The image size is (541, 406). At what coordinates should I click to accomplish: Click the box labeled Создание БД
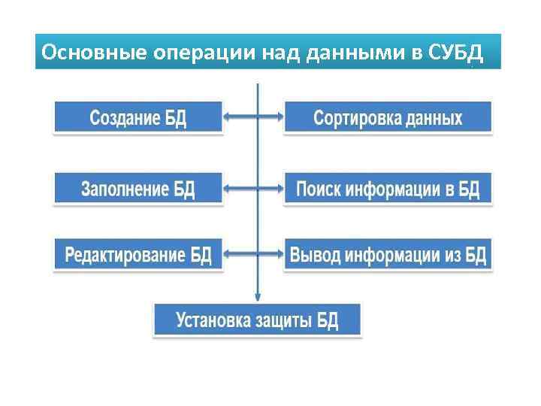(138, 117)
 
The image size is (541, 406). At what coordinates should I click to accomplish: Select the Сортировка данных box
(388, 117)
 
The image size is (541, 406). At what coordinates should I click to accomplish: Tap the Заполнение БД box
(138, 188)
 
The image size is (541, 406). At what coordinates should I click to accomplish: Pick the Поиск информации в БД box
(388, 188)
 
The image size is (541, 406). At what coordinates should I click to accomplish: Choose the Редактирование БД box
(138, 255)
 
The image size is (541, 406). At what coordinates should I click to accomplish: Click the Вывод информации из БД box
(388, 255)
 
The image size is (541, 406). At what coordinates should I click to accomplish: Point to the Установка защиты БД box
(258, 320)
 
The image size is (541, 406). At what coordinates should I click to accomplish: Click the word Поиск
(319, 188)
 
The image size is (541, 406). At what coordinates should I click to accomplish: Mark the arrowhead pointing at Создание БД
(228, 117)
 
